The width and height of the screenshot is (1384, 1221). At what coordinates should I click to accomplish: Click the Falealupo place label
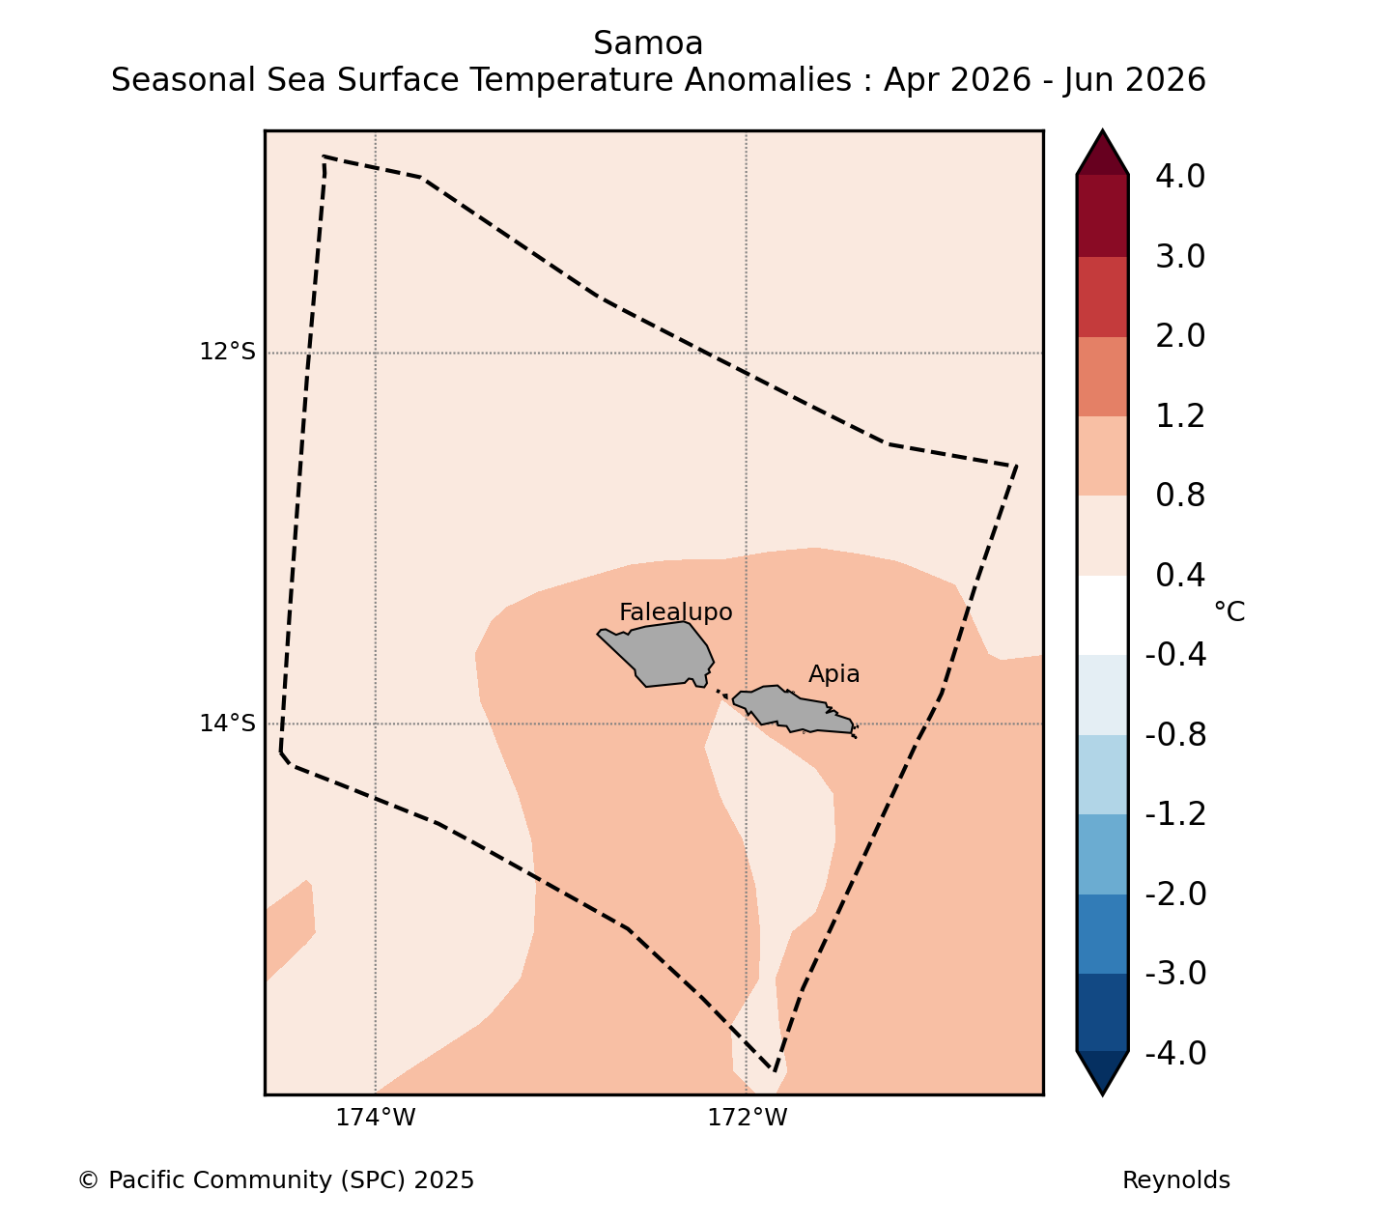click(675, 612)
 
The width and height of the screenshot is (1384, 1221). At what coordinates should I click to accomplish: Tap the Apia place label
click(833, 674)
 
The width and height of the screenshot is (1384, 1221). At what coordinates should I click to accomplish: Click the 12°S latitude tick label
click(227, 352)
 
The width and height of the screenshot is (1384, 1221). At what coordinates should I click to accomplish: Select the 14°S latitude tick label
click(227, 723)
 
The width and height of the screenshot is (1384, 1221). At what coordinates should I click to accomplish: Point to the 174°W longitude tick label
click(375, 1118)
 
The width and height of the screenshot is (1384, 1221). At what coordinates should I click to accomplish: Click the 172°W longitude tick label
click(747, 1118)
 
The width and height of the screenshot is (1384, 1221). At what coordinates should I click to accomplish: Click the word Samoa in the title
click(648, 43)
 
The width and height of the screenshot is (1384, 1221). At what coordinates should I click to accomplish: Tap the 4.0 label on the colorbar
click(1180, 176)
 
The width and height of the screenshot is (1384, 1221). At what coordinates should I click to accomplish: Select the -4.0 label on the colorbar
click(1175, 1053)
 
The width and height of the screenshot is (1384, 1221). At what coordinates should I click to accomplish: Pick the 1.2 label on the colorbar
click(1180, 416)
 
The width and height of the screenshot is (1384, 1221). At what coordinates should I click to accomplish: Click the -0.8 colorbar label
click(1175, 735)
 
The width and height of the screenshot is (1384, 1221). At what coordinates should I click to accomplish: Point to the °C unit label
click(1229, 611)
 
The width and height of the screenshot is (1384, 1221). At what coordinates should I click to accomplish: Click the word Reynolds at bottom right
click(1175, 1180)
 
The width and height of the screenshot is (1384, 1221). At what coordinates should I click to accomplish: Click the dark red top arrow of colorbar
click(1102, 155)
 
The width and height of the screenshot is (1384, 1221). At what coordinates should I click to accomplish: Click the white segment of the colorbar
click(1102, 615)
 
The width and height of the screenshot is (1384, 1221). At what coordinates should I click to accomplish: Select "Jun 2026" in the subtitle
click(1135, 80)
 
